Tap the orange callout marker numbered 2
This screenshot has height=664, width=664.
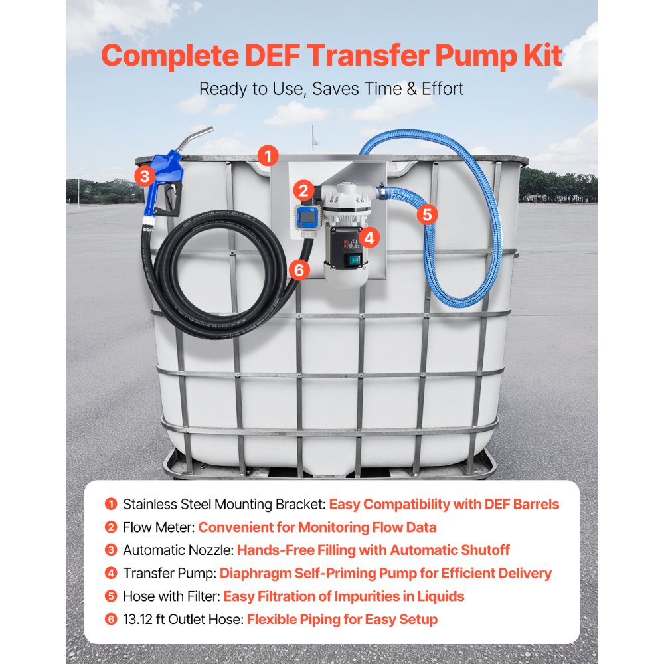(304, 191)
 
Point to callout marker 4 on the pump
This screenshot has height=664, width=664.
(369, 236)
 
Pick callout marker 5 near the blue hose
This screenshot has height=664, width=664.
(426, 214)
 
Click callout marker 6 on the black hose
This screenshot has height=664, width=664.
(300, 270)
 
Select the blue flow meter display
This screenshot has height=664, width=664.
(306, 215)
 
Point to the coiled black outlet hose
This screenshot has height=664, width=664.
(199, 286)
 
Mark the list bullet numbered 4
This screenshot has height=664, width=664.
(111, 573)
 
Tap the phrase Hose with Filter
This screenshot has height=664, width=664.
(171, 596)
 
